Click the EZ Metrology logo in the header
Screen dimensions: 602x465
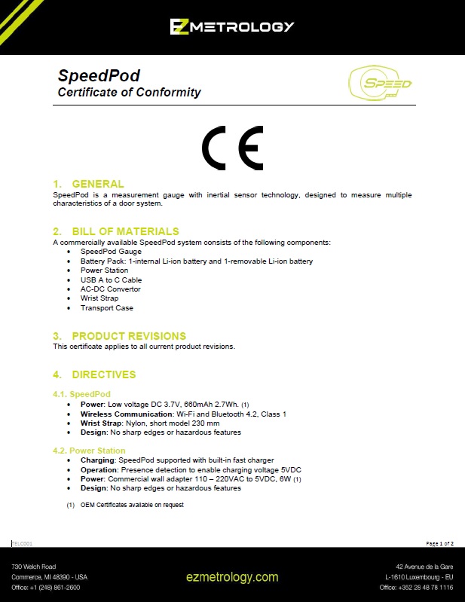tap(231, 27)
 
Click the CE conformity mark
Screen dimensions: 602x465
tap(232, 148)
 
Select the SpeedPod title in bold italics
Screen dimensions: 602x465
tap(99, 76)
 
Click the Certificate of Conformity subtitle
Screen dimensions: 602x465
tap(130, 93)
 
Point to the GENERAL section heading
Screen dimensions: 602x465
tap(97, 184)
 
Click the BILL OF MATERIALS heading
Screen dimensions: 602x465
tap(125, 231)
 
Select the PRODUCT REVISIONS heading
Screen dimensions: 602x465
tap(129, 336)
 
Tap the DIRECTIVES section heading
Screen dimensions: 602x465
tap(103, 374)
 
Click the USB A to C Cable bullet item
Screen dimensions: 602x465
tap(111, 280)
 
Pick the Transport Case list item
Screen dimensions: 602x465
tap(107, 308)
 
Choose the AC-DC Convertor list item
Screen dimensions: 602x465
tap(110, 289)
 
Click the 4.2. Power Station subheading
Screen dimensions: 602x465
tap(89, 451)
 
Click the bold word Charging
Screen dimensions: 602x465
tap(97, 460)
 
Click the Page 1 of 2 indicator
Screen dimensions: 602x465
tap(440, 543)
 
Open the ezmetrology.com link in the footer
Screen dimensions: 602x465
tap(232, 577)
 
